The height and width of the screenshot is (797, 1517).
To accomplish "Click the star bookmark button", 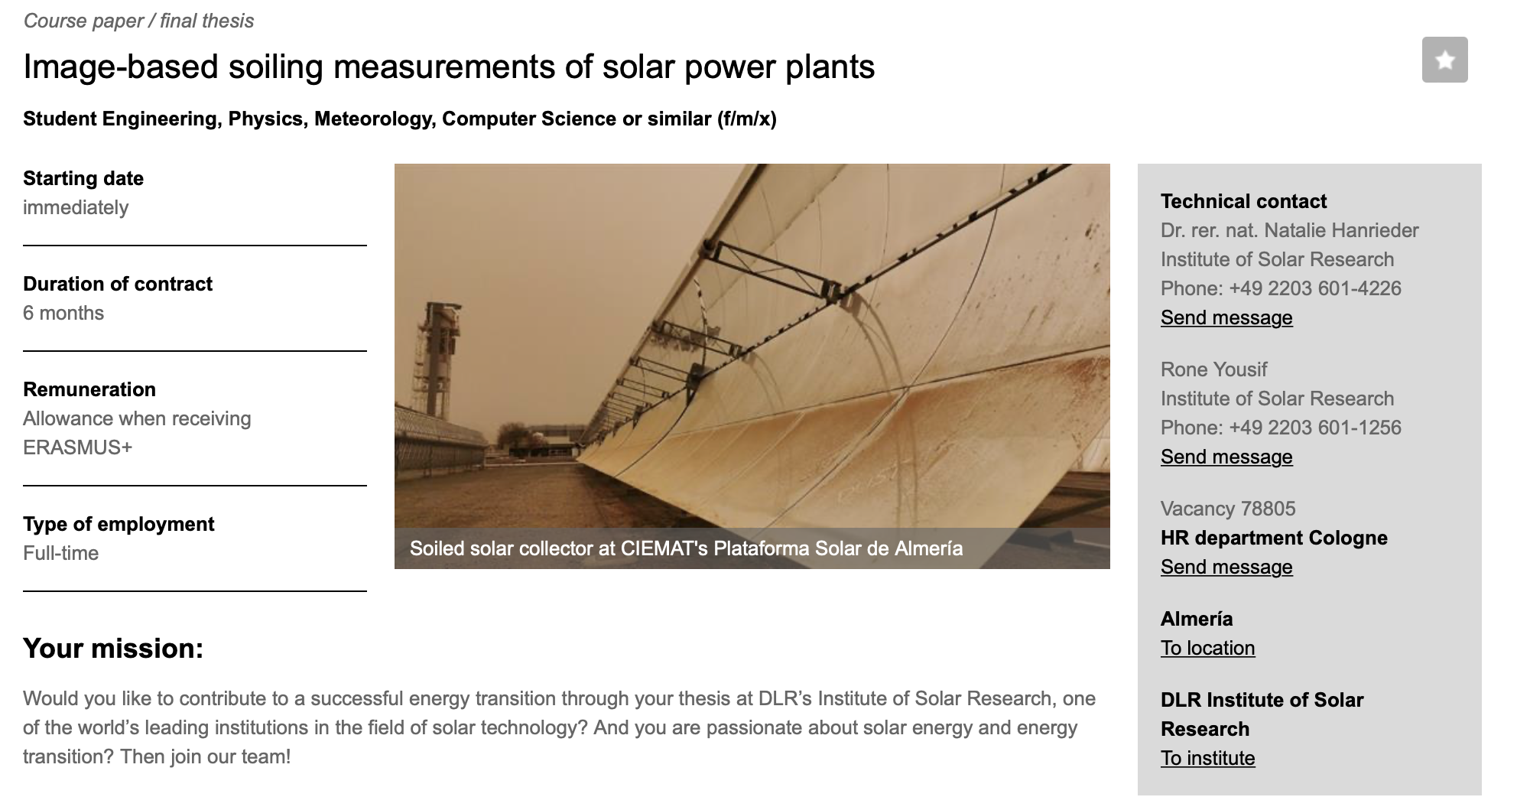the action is point(1444,60).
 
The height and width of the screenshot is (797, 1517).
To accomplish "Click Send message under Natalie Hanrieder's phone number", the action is point(1226,317).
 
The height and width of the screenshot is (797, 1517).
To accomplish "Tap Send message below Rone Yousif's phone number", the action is point(1226,457).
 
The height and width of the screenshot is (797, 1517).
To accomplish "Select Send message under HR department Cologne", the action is point(1226,567).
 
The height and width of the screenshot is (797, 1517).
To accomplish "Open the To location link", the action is point(1208,648).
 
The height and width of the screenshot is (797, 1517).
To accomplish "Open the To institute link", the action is point(1208,758).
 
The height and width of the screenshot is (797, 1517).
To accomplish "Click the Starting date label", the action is point(83,178).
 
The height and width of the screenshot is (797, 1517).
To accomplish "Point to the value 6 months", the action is point(63,313).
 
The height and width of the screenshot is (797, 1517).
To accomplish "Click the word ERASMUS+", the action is point(78,447).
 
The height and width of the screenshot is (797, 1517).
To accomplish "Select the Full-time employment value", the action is point(61,553).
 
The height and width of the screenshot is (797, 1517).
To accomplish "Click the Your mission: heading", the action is point(113,648).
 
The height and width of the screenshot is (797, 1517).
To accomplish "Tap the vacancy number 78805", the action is point(1268,509).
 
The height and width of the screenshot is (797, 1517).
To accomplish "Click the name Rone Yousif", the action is point(1214,369).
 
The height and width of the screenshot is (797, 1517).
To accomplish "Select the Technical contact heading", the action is point(1244,201).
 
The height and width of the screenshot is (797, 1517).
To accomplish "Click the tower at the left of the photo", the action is point(437,359).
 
